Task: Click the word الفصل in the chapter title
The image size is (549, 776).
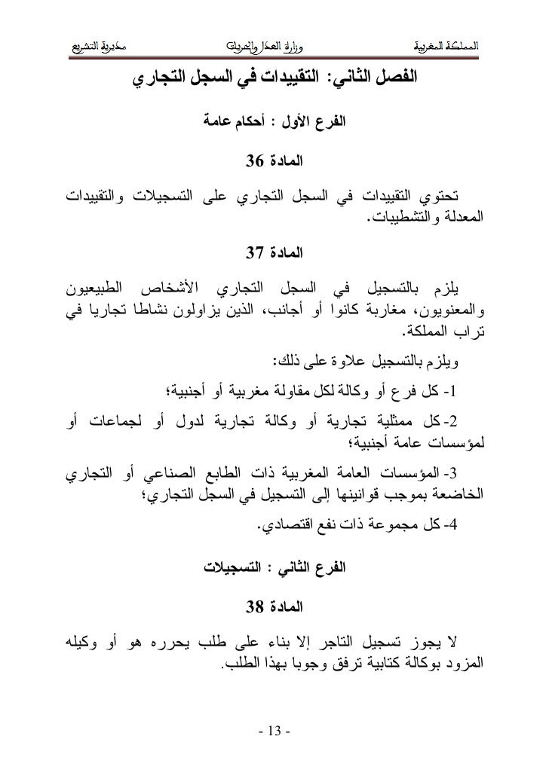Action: pos(398,78)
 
